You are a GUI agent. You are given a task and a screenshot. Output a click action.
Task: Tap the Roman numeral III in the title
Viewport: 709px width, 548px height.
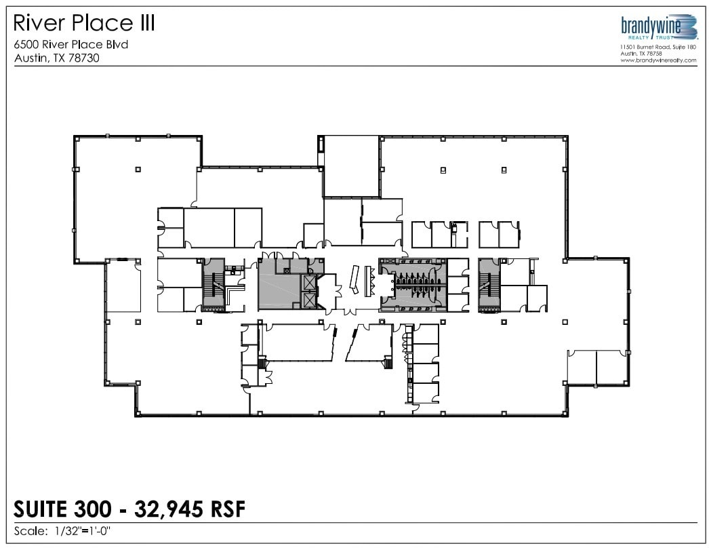(x=143, y=23)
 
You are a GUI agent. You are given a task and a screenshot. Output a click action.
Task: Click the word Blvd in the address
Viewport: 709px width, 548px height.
(x=116, y=45)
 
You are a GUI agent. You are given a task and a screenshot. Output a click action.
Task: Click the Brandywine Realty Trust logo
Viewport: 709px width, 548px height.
(x=658, y=28)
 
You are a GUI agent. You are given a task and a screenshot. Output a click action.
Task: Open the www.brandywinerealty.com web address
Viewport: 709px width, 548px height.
(x=658, y=60)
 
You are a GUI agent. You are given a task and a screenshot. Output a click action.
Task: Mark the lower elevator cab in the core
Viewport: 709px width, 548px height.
(x=310, y=299)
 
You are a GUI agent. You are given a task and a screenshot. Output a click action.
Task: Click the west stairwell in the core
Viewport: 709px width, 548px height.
(x=214, y=285)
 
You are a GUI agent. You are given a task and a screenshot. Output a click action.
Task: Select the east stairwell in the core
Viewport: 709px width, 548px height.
(x=488, y=285)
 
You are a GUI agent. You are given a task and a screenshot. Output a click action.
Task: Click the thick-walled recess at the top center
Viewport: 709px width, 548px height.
(x=350, y=165)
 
